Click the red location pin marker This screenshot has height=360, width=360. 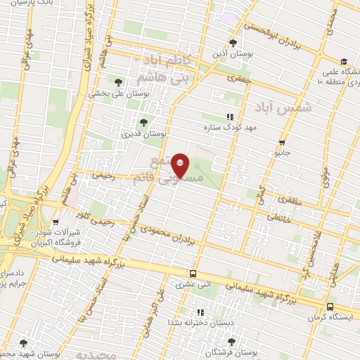tap(181, 165)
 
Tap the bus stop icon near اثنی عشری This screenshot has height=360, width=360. tap(193, 274)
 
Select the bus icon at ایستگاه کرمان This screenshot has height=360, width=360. tap(330, 307)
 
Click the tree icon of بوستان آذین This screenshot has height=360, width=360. tap(233, 42)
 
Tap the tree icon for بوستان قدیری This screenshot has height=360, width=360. tap(143, 122)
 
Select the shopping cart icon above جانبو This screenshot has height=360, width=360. tap(282, 141)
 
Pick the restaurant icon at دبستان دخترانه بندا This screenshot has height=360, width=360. tap(200, 311)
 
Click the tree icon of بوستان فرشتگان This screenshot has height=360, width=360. tap(231, 341)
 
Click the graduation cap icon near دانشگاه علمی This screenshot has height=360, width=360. tap(344, 61)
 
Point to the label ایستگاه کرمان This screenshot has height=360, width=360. tap(330, 318)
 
